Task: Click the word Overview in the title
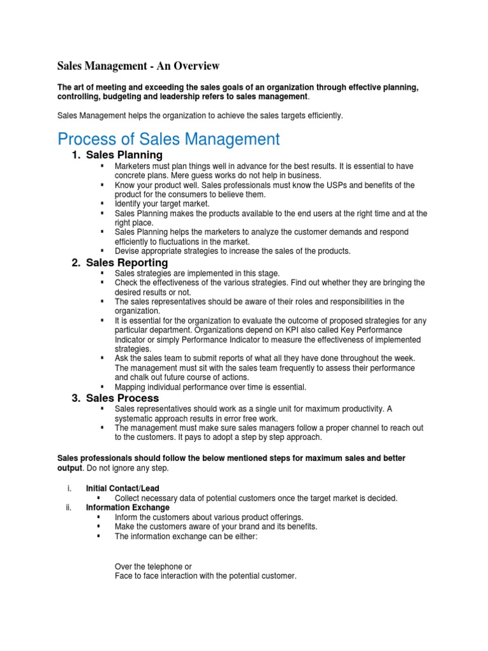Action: tap(196, 65)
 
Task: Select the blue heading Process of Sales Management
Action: tap(168, 139)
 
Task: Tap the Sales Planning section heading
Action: tap(124, 155)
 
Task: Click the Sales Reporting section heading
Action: tap(127, 263)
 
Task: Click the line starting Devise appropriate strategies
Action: tap(233, 251)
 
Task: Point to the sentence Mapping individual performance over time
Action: tap(210, 387)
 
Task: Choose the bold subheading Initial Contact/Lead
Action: tap(123, 488)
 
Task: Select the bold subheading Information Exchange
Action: tap(128, 507)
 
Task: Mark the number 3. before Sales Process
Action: tap(76, 398)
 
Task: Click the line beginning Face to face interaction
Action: tap(205, 576)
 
